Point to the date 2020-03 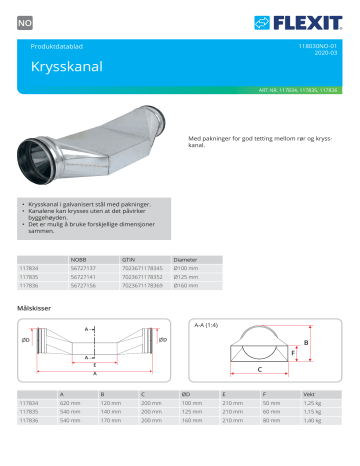327,54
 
